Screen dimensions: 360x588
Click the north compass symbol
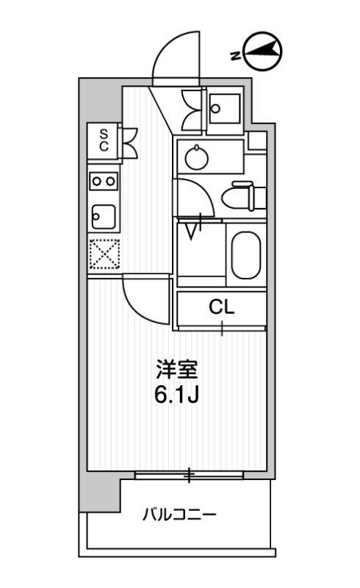pyautogui.click(x=262, y=51)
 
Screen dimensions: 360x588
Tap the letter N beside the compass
pyautogui.click(x=235, y=56)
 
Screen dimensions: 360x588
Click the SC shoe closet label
pyautogui.click(x=104, y=140)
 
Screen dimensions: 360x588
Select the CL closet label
pyautogui.click(x=221, y=307)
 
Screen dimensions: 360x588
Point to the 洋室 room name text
pyautogui.click(x=176, y=370)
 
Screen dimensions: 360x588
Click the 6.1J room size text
pyautogui.click(x=176, y=394)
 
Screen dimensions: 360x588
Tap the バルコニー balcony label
pyautogui.click(x=179, y=514)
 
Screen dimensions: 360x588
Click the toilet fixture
pyautogui.click(x=244, y=196)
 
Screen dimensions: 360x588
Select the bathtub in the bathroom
pyautogui.click(x=246, y=255)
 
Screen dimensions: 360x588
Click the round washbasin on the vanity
pyautogui.click(x=196, y=157)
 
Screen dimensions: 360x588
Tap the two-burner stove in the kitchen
pyautogui.click(x=104, y=181)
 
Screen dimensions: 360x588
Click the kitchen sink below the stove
pyautogui.click(x=104, y=217)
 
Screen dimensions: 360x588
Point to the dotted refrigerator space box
pyautogui.click(x=104, y=254)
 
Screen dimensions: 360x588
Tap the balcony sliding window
pyautogui.click(x=189, y=475)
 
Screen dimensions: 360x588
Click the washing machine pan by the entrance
pyautogui.click(x=224, y=109)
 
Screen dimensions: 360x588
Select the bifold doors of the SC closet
pyautogui.click(x=129, y=143)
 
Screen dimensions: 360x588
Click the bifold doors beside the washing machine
pyautogui.click(x=192, y=110)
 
